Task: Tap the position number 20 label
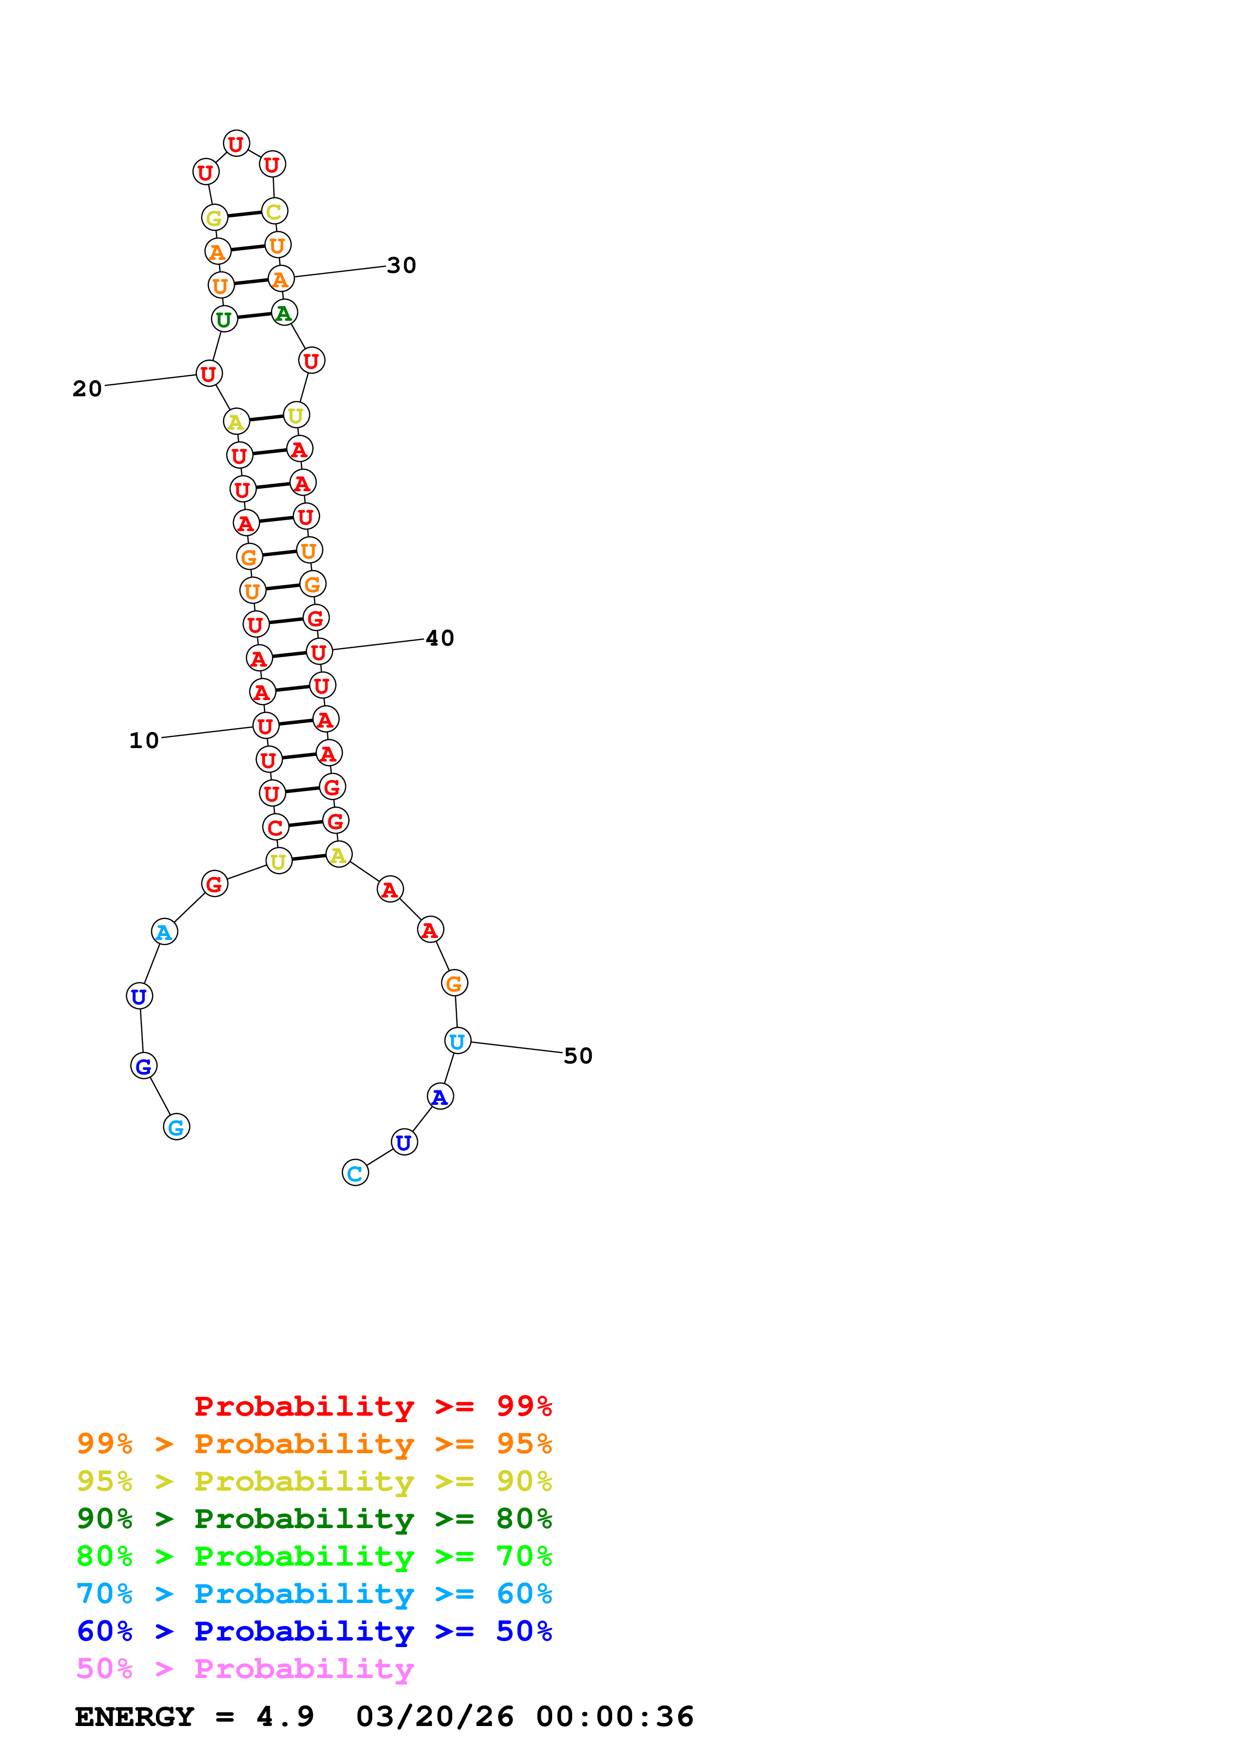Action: [x=87, y=389]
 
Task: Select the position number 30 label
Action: [x=401, y=266]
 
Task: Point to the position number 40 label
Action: [x=440, y=638]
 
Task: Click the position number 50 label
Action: [x=578, y=1056]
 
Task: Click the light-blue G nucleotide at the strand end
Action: [x=176, y=1127]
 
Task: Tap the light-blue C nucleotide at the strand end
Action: [x=355, y=1173]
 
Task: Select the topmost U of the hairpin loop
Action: [x=236, y=143]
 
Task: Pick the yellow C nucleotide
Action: [x=274, y=211]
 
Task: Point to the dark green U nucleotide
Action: [x=224, y=319]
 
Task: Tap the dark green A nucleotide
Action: [x=284, y=312]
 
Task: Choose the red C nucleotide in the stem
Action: [x=275, y=827]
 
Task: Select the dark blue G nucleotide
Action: [x=143, y=1066]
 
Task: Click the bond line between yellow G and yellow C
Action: [x=244, y=214]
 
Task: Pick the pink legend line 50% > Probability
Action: [x=245, y=1669]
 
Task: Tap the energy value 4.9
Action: [x=285, y=1717]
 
